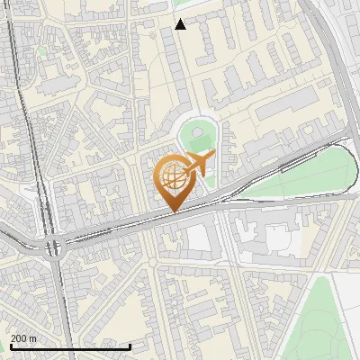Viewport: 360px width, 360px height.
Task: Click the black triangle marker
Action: click(x=181, y=24)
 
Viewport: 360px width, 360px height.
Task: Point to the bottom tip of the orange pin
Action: click(x=174, y=212)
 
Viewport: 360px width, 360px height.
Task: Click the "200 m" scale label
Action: click(x=23, y=337)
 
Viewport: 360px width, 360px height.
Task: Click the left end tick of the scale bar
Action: click(x=10, y=346)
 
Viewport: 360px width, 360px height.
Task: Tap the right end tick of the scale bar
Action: click(x=130, y=346)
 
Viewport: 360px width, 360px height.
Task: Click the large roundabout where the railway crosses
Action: click(x=52, y=245)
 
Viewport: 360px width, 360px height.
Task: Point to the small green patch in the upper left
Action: click(x=41, y=51)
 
